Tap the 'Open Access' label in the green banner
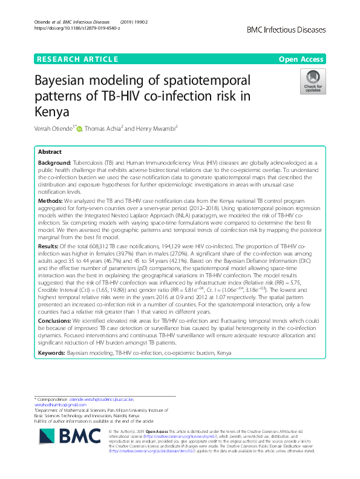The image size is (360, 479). pos(303,59)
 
